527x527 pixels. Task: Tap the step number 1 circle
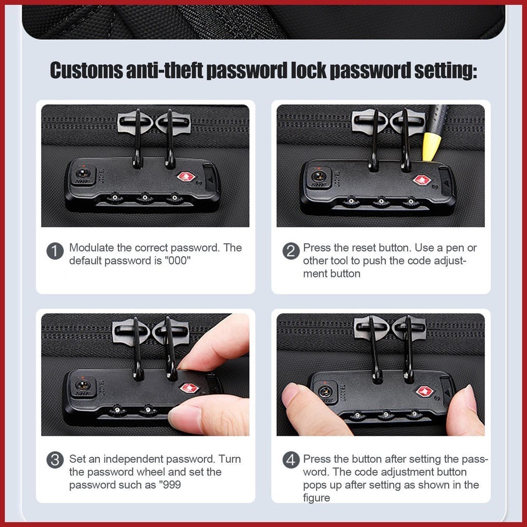(x=55, y=251)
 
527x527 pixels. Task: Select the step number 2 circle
(x=291, y=251)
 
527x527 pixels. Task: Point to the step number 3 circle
(x=55, y=460)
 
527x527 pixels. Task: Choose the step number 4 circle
(x=291, y=460)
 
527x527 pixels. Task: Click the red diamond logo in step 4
(x=425, y=391)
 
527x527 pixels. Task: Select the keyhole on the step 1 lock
(x=83, y=174)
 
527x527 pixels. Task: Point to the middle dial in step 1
(x=145, y=198)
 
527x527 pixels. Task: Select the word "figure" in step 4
(x=317, y=498)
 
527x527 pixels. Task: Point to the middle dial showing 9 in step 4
(x=386, y=415)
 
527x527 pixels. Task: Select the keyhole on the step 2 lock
(x=319, y=176)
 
